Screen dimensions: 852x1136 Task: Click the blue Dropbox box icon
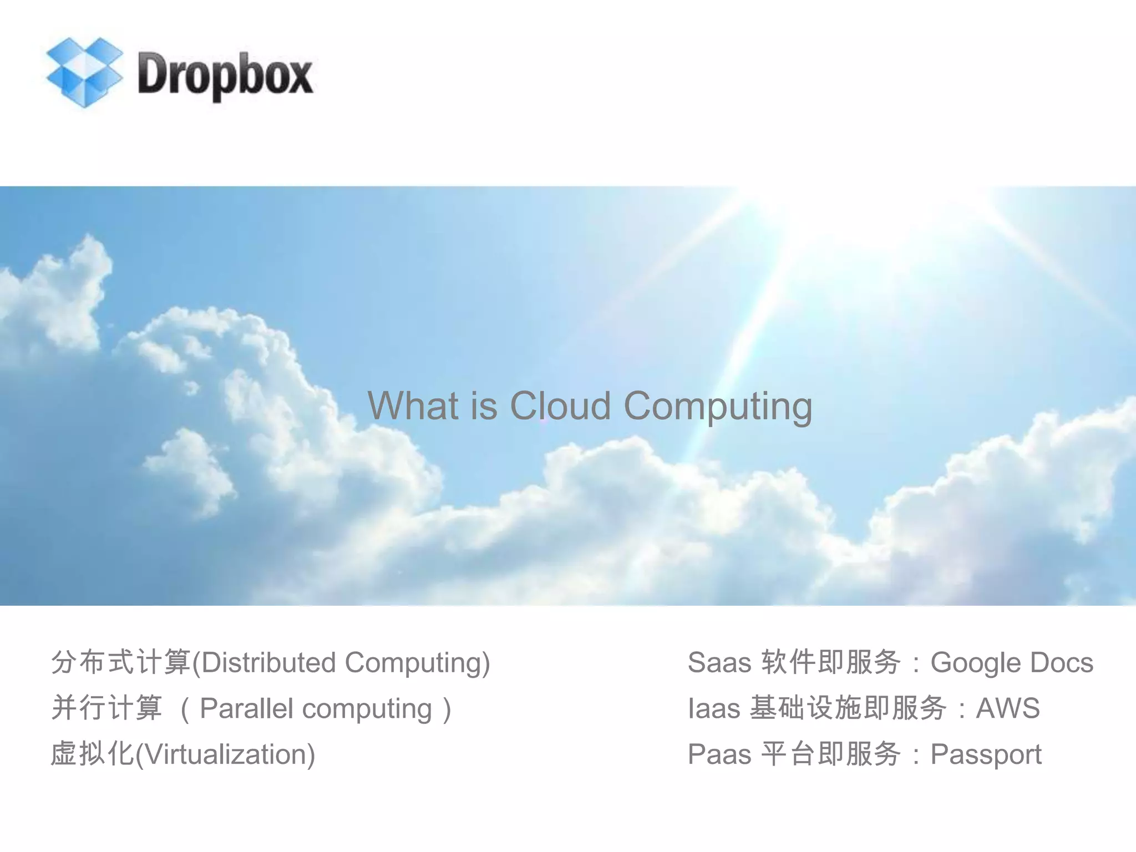click(x=84, y=72)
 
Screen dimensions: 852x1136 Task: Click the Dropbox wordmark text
click(x=225, y=75)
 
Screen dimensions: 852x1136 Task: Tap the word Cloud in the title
click(x=560, y=405)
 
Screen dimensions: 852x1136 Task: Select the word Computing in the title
click(x=718, y=407)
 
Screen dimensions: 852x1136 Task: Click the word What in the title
click(x=413, y=405)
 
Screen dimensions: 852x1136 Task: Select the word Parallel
click(x=246, y=708)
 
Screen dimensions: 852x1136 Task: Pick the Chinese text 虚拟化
click(x=92, y=754)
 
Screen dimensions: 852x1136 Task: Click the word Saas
click(x=719, y=662)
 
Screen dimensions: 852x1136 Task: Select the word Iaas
click(x=714, y=708)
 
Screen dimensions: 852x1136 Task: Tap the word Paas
click(x=719, y=754)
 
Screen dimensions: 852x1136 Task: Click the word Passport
click(x=986, y=755)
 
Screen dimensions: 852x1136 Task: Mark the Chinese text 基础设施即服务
click(x=848, y=708)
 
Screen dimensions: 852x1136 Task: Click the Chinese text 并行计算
click(x=106, y=708)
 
